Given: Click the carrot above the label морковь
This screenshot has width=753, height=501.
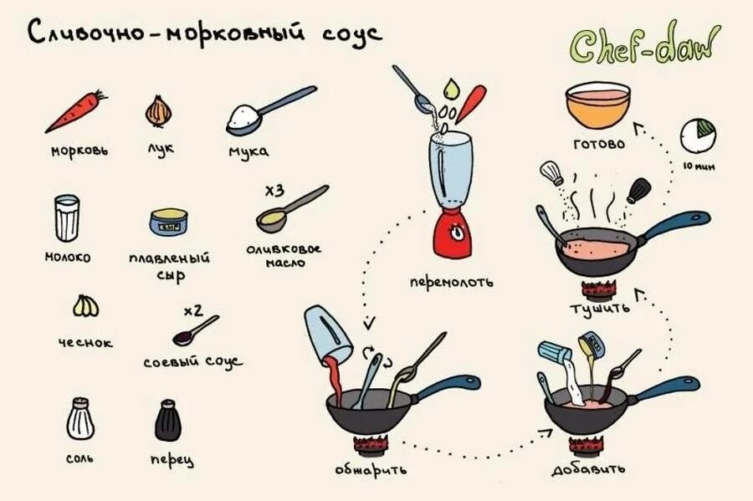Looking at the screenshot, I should click(x=75, y=112).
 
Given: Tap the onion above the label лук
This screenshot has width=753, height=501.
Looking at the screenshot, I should click(x=158, y=110).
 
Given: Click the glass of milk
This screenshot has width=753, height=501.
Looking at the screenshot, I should click(x=67, y=218).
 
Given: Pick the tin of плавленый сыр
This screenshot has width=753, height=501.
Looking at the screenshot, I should click(x=169, y=222).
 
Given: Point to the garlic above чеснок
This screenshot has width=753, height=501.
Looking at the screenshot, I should click(x=85, y=307).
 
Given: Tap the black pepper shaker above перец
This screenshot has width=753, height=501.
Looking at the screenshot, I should click(x=168, y=420).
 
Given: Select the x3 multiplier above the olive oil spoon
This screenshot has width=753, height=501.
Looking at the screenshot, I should click(x=274, y=192).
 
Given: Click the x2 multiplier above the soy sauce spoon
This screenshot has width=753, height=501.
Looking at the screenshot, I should click(x=193, y=311).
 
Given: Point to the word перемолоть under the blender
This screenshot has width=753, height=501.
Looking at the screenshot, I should click(x=451, y=282).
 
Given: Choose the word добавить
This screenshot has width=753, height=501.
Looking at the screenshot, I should click(x=588, y=469).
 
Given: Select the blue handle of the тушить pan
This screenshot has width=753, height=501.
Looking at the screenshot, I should click(x=678, y=222).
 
